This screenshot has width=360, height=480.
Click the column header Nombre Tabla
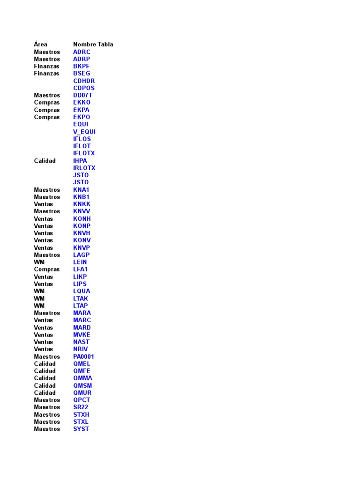click(93, 45)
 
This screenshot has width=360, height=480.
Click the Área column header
click(40, 45)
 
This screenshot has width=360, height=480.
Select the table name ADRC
click(82, 52)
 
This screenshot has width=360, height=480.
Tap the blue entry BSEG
click(82, 74)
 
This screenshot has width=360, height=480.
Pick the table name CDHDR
click(84, 81)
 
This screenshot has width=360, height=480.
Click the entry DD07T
click(83, 95)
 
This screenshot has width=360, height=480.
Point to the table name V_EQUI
click(84, 132)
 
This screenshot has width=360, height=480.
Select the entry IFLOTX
click(84, 153)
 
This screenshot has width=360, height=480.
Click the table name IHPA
click(80, 161)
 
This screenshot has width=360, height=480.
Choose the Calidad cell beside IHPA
click(45, 161)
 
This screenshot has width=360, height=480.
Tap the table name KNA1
click(81, 190)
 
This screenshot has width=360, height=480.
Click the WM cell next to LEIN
click(39, 262)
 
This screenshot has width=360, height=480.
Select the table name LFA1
click(80, 270)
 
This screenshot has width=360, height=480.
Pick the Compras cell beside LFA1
click(47, 270)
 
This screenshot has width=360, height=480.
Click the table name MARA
click(82, 313)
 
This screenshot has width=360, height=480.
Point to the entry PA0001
click(83, 357)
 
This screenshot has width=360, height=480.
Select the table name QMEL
click(82, 364)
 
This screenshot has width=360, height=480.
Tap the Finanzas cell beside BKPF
click(46, 67)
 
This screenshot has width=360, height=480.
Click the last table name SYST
click(81, 429)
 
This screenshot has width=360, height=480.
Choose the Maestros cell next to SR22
click(47, 407)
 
